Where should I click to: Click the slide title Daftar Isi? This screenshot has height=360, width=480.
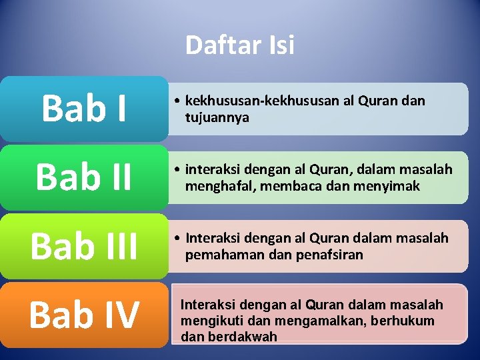(239, 45)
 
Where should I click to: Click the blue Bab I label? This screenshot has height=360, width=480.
(84, 109)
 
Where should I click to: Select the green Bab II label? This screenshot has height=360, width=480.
(84, 177)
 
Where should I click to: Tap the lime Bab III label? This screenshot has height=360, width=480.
(84, 246)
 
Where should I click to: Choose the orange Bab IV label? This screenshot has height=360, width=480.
(84, 315)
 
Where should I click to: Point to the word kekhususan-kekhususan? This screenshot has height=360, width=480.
(263, 101)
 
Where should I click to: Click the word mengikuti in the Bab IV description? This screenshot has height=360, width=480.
(209, 321)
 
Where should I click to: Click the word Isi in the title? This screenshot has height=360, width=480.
(281, 45)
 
